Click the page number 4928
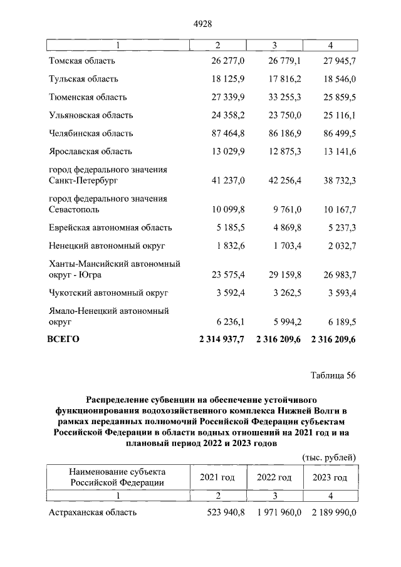coord(200,24)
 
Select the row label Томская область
coord(82,61)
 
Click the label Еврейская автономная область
coord(110,227)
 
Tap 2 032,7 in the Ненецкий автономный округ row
coord(340,246)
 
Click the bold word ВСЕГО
coord(64,340)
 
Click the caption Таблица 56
coord(333,376)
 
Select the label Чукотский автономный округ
coord(108,293)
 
